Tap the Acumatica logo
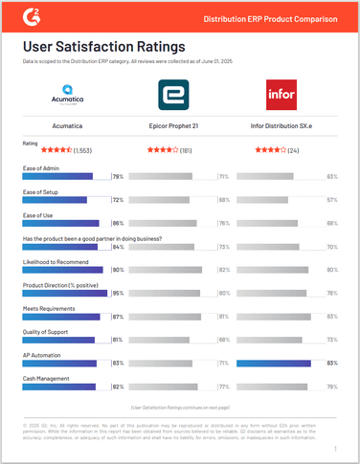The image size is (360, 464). tap(70, 95)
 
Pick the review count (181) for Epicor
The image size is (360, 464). tap(186, 149)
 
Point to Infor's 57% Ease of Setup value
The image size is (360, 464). tap(333, 200)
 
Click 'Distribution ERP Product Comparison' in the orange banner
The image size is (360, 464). tap(272, 18)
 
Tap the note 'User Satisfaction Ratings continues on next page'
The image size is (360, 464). tap(179, 407)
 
